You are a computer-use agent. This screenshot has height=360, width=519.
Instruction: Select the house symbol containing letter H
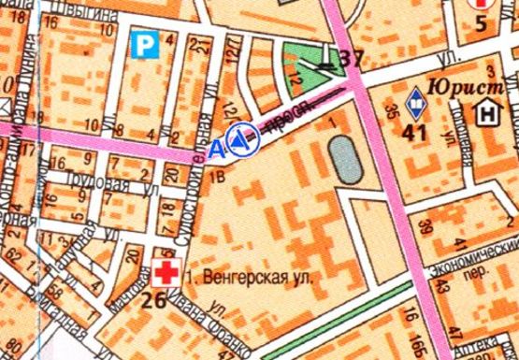487,114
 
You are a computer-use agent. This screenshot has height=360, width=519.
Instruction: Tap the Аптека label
496,347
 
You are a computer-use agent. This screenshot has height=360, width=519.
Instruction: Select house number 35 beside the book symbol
391,108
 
